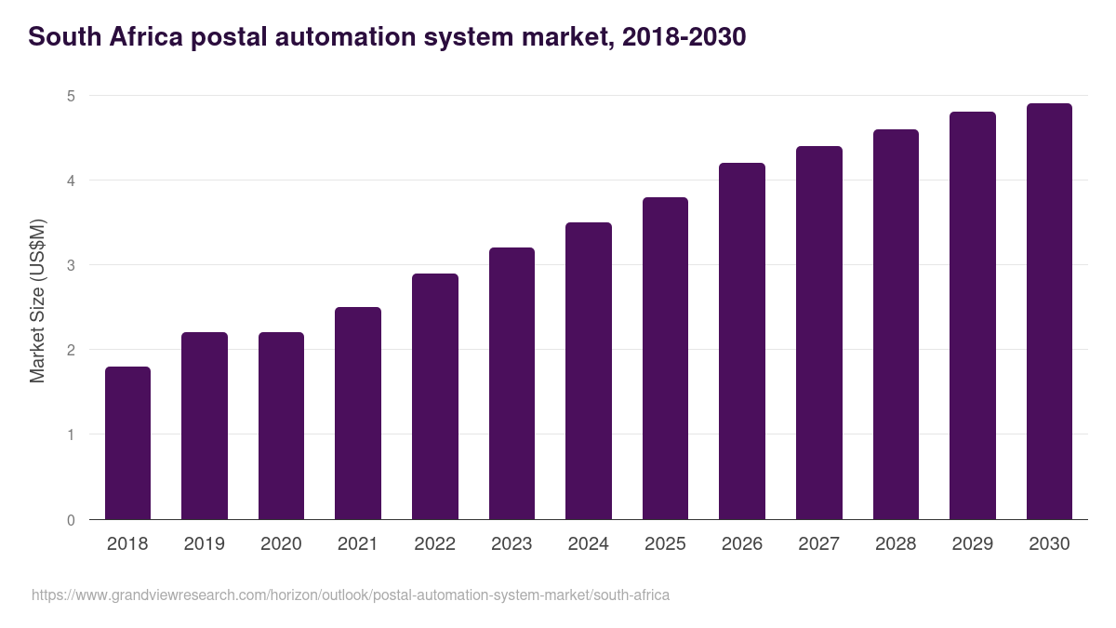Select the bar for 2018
click(127, 443)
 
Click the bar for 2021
click(358, 413)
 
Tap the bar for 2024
click(589, 371)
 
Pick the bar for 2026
click(742, 341)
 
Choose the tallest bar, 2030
click(1049, 312)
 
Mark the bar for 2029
click(973, 316)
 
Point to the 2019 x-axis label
click(205, 544)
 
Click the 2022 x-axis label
click(435, 544)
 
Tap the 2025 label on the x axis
click(665, 544)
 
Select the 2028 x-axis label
click(896, 544)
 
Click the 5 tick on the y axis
click(71, 96)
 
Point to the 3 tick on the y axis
click(71, 265)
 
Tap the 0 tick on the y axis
click(71, 520)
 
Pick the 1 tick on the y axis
click(71, 434)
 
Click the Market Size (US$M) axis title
click(38, 301)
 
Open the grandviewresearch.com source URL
click(351, 595)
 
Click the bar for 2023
click(511, 383)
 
